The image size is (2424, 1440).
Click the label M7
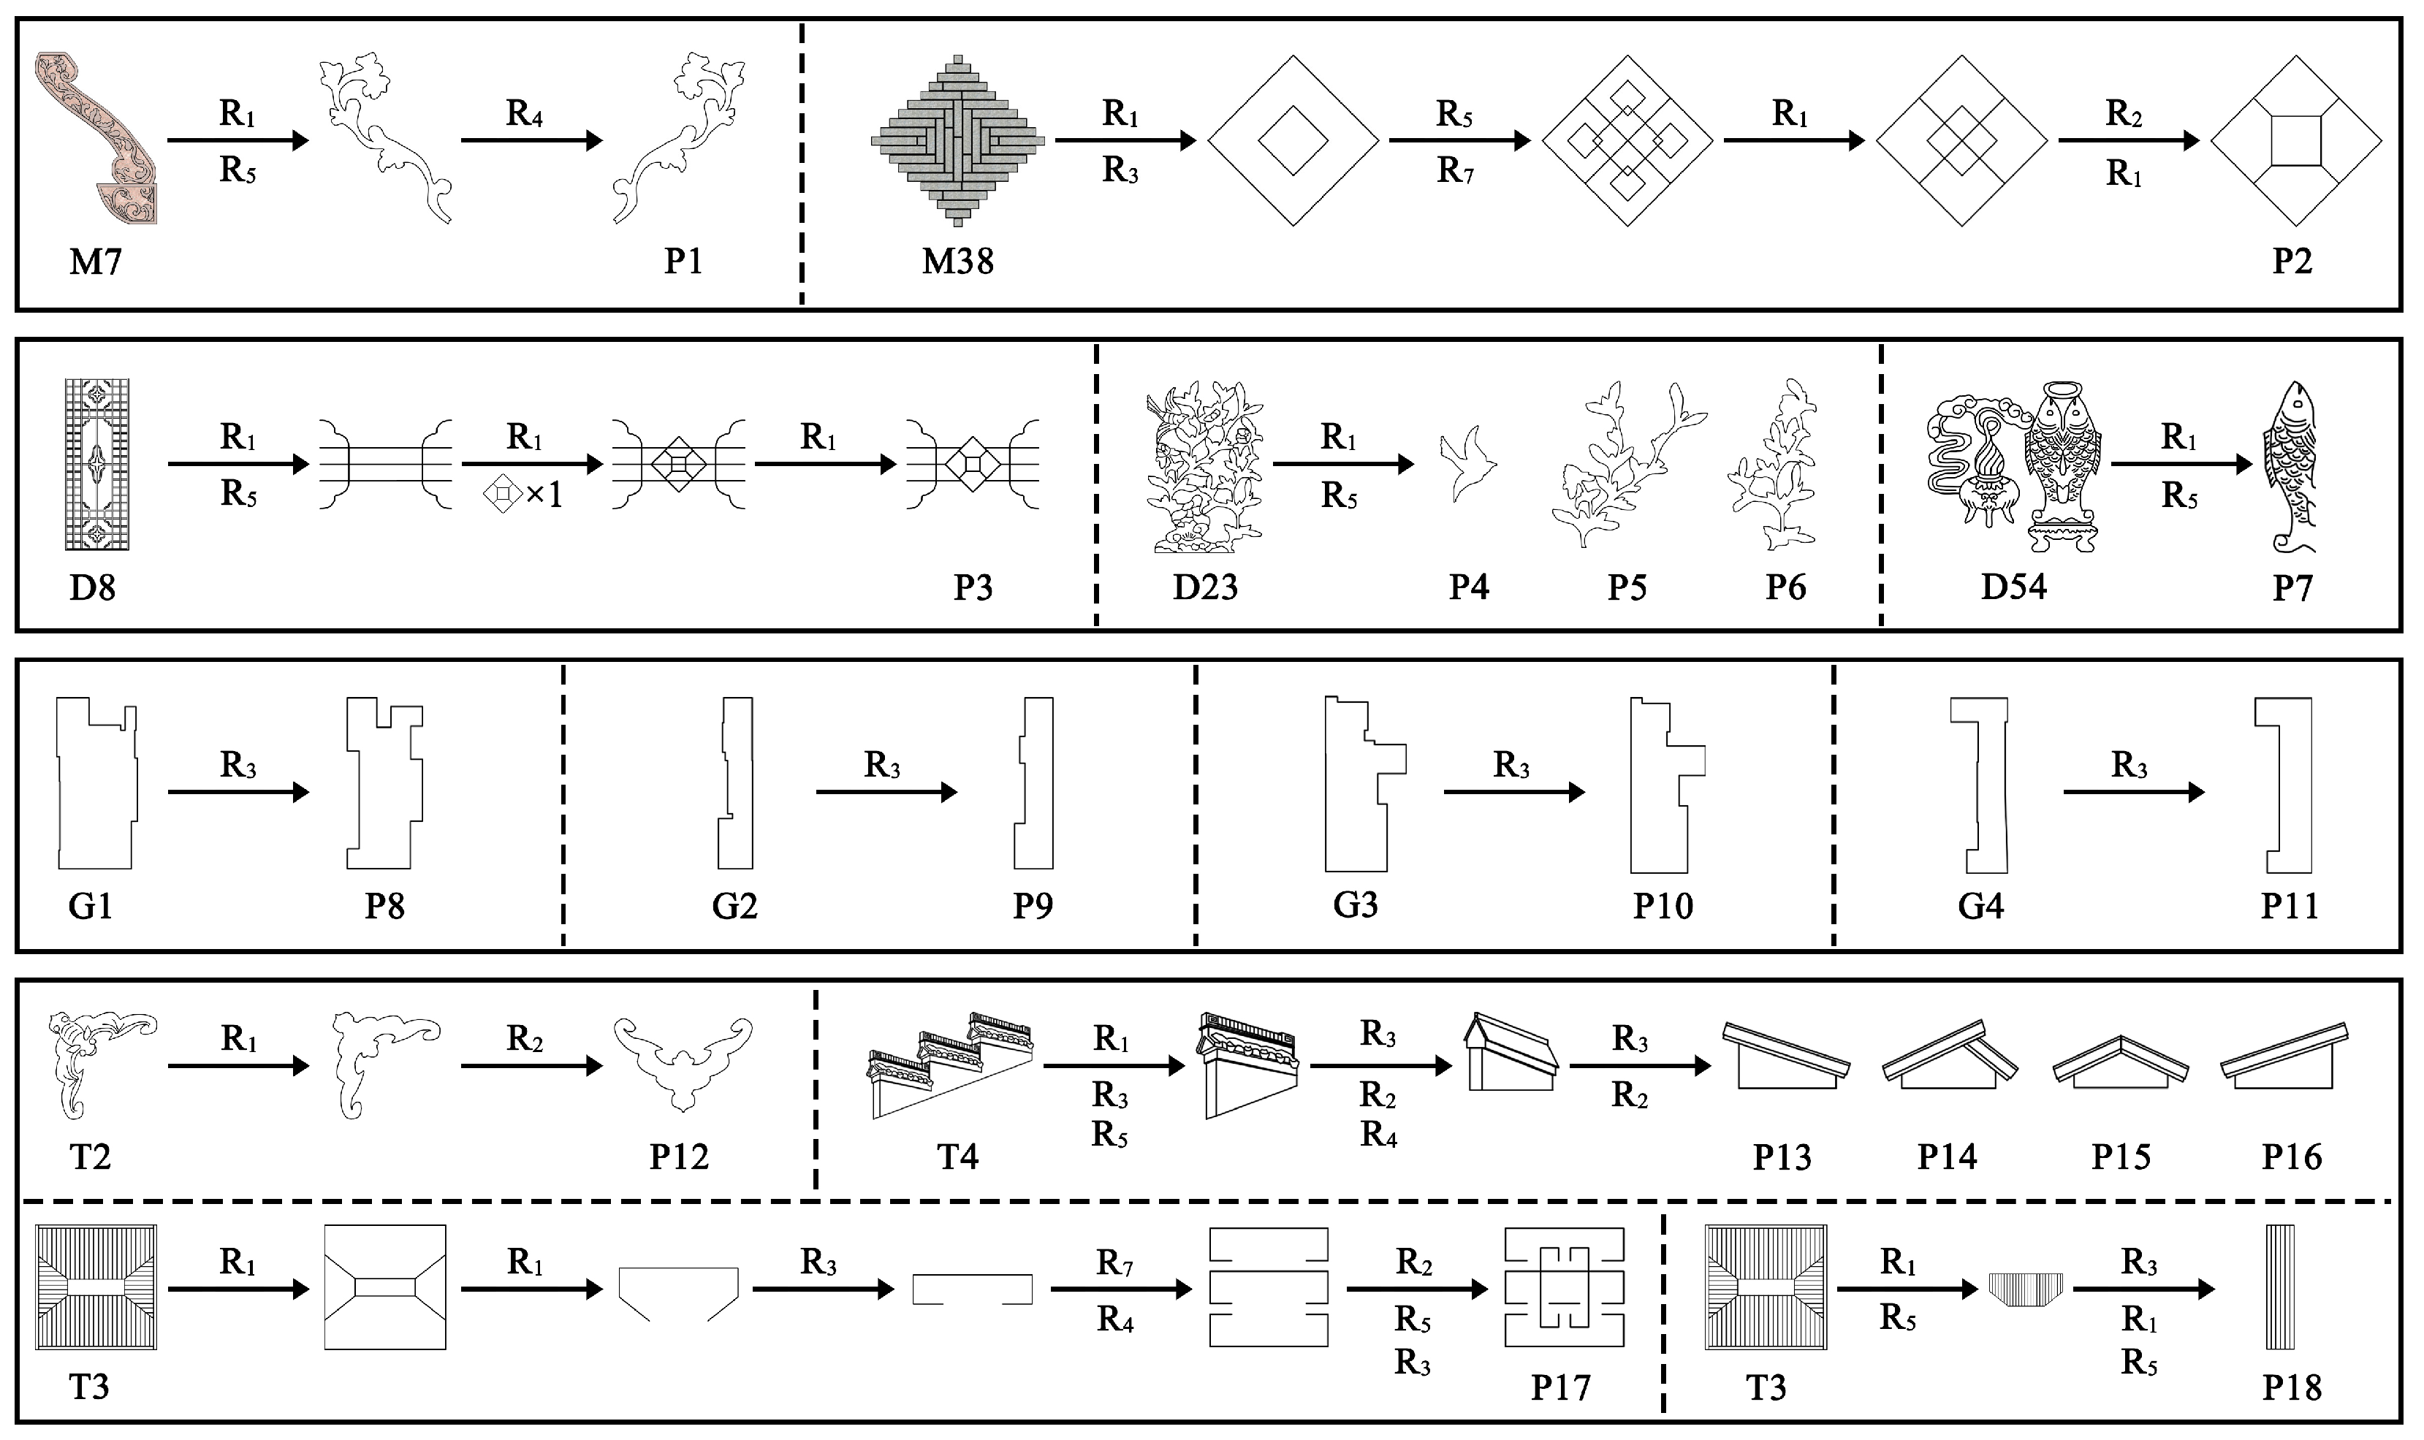(x=95, y=262)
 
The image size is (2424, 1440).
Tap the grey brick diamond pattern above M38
(x=958, y=141)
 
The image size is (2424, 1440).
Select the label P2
(x=2292, y=262)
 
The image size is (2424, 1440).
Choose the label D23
(x=1204, y=588)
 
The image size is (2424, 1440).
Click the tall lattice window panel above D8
(x=94, y=464)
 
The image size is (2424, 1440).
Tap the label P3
(x=973, y=588)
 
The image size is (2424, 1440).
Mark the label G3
(x=1355, y=905)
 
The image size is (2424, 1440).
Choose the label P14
(x=1947, y=1157)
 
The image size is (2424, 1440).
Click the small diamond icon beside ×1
(x=503, y=495)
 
